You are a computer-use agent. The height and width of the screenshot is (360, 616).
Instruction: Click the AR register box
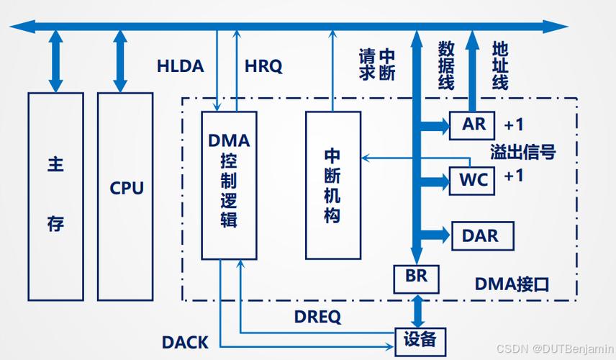473,125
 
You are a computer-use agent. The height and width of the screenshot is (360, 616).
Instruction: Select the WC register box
473,179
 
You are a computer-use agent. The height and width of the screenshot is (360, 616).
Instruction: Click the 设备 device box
417,338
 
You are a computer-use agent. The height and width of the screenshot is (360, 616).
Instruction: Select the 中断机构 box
332,185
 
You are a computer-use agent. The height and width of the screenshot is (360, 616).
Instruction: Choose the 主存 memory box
55,195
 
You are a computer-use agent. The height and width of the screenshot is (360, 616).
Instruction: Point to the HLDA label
181,66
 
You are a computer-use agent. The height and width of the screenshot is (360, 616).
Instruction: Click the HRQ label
263,66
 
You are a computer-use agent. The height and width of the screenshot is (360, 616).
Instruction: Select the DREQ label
317,316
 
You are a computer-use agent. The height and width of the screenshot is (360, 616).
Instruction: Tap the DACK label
185,343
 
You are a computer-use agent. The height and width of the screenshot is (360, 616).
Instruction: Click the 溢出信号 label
523,152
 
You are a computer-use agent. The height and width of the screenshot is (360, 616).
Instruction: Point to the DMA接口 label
512,284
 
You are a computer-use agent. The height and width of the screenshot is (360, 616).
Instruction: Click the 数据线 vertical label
446,66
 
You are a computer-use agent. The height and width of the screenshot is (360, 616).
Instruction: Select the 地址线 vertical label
500,66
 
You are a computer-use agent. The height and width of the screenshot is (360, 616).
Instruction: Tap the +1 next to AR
514,125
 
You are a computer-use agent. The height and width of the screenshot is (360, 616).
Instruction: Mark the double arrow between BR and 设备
417,310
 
